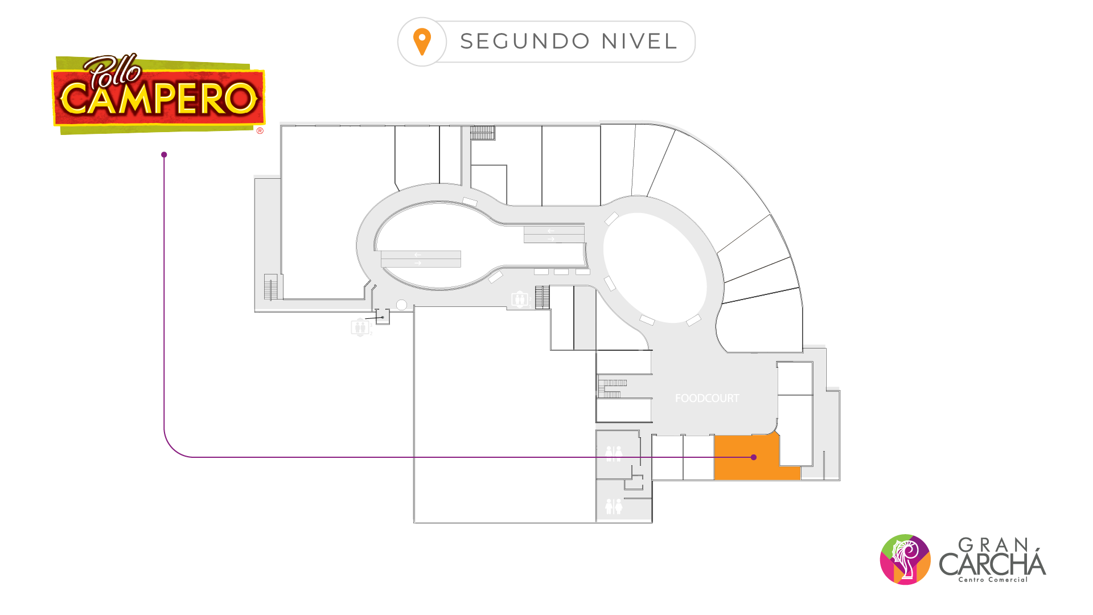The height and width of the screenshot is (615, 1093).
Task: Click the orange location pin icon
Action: click(x=422, y=42)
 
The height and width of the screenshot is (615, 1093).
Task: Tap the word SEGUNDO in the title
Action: click(x=525, y=42)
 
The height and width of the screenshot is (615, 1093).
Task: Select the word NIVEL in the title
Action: click(x=639, y=42)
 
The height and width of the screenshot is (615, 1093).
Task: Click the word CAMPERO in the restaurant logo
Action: click(x=159, y=98)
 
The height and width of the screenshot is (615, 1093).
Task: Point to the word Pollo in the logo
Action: click(x=113, y=71)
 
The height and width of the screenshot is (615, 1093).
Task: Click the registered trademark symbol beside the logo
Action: click(x=260, y=131)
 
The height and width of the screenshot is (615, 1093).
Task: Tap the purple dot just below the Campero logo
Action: click(x=164, y=155)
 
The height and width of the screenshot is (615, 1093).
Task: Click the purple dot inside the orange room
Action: click(x=754, y=457)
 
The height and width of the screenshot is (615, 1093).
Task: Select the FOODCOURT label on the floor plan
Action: click(x=707, y=399)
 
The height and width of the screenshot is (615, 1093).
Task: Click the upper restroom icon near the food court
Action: click(x=614, y=454)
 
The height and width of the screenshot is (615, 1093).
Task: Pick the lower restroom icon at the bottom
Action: click(x=614, y=506)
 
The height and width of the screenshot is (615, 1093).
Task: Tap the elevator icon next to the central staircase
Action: click(x=519, y=299)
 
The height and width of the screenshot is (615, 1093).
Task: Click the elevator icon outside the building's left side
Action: click(x=360, y=327)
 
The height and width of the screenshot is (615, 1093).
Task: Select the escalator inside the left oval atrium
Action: click(x=421, y=259)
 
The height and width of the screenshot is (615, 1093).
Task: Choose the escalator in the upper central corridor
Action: click(x=554, y=235)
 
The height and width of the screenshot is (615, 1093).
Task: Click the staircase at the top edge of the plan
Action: click(x=482, y=133)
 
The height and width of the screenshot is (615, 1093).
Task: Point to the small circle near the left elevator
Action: click(x=401, y=305)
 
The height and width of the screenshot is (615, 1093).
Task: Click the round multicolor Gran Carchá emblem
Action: click(x=905, y=559)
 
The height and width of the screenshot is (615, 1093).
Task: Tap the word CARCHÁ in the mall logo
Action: click(x=993, y=563)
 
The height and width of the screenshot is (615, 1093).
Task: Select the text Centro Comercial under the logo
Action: click(x=993, y=580)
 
